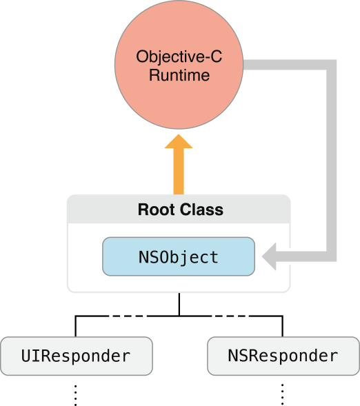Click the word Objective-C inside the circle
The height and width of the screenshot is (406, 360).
pyautogui.click(x=179, y=57)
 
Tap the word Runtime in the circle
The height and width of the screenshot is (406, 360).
pyautogui.click(x=179, y=76)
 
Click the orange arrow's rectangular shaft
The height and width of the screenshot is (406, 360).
pyautogui.click(x=179, y=172)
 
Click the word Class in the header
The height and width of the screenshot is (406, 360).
pyautogui.click(x=200, y=210)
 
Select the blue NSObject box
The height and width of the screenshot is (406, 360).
pyautogui.click(x=179, y=258)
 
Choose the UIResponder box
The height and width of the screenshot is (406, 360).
pyautogui.click(x=76, y=356)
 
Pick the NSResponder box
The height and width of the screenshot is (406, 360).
pyautogui.click(x=283, y=356)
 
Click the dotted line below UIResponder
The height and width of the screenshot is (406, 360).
pyautogui.click(x=76, y=394)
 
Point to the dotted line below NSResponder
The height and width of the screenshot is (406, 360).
pyautogui.click(x=283, y=394)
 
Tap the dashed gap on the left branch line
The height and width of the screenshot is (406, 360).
pyautogui.click(x=128, y=316)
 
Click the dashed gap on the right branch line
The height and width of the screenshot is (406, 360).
pyautogui.click(x=230, y=316)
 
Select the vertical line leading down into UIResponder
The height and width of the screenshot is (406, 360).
pyautogui.click(x=76, y=326)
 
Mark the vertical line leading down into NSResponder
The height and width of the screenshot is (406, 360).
pyautogui.click(x=283, y=326)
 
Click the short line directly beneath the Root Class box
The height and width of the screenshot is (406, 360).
pyautogui.click(x=179, y=303)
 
